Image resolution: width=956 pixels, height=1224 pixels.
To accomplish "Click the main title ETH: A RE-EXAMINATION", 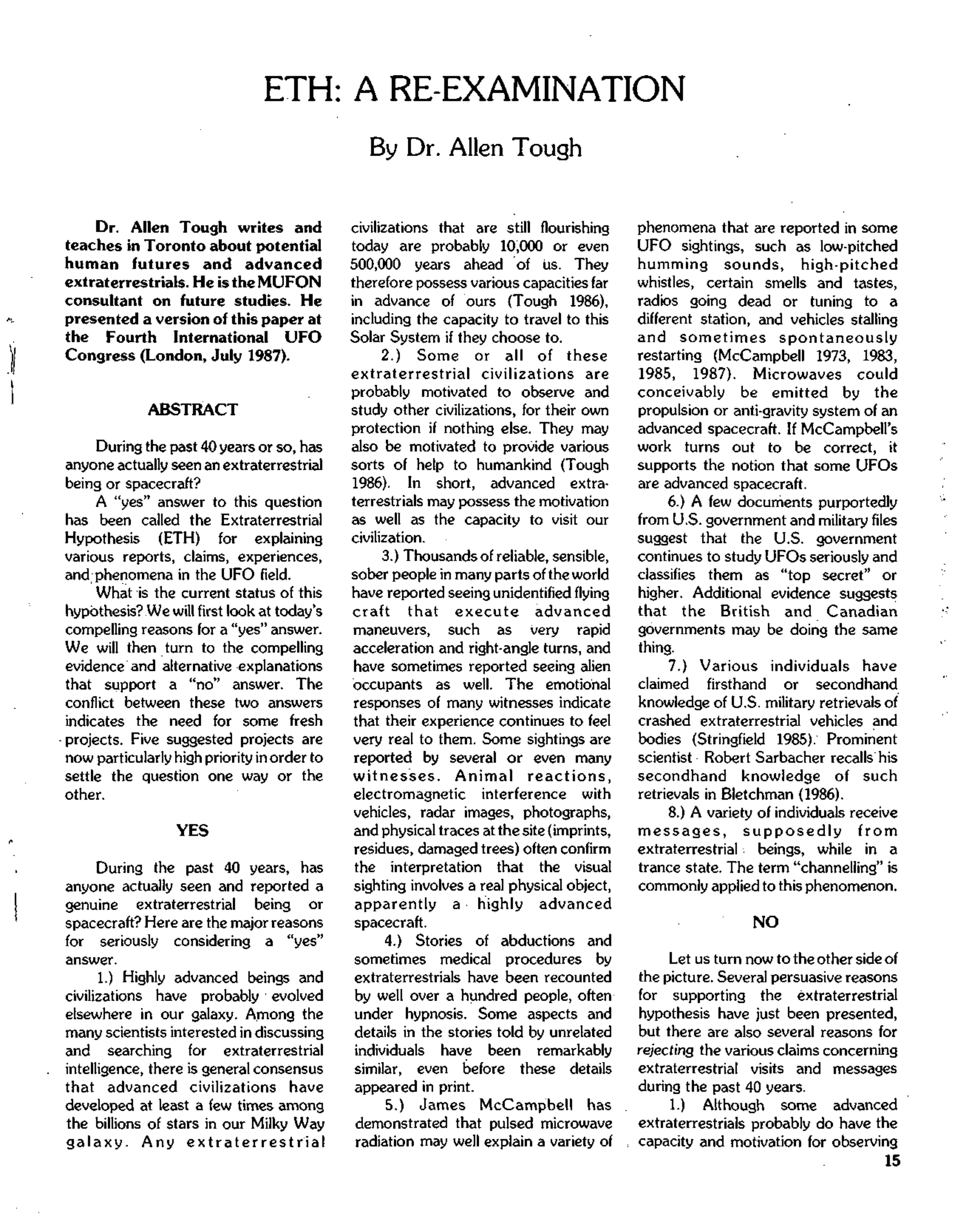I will (474, 89).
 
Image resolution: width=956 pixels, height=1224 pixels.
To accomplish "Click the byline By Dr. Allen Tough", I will (475, 148).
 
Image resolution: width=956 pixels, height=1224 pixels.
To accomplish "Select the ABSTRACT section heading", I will (192, 409).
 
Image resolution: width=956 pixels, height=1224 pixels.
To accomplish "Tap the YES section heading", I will (192, 830).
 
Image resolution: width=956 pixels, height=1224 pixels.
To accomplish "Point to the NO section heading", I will (765, 922).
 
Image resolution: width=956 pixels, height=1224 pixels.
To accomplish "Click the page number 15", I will (892, 1161).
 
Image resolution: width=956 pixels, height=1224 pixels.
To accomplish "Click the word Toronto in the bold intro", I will (176, 246).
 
